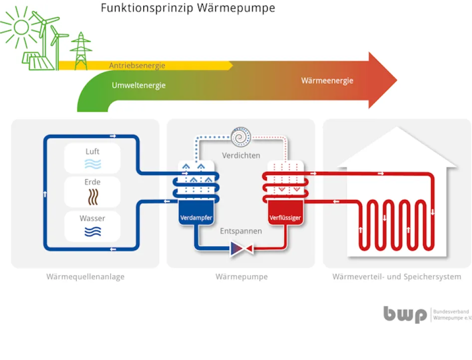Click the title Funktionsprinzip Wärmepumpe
pyautogui.click(x=188, y=8)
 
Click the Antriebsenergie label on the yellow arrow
pyautogui.click(x=137, y=65)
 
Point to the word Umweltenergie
pyautogui.click(x=138, y=85)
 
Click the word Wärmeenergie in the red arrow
pyautogui.click(x=327, y=80)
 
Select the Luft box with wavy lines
pyautogui.click(x=92, y=158)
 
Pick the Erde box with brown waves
pyautogui.click(x=92, y=191)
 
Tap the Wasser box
pyautogui.click(x=92, y=225)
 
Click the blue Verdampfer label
pyautogui.click(x=196, y=218)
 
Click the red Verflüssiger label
pyautogui.click(x=285, y=218)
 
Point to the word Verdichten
pyautogui.click(x=241, y=155)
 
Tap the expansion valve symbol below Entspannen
pyautogui.click(x=241, y=248)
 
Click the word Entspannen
pyautogui.click(x=241, y=231)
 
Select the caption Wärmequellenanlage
pyautogui.click(x=85, y=276)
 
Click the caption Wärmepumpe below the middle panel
pyautogui.click(x=241, y=276)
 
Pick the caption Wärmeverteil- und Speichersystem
pyautogui.click(x=397, y=276)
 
